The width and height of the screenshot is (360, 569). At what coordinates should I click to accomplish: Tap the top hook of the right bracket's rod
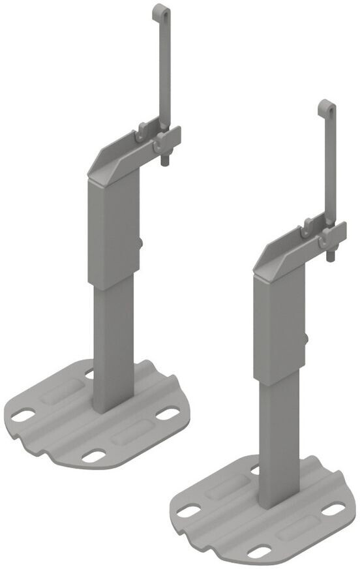click(x=325, y=108)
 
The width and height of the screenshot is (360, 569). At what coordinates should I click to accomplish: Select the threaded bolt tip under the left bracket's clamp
click(x=164, y=161)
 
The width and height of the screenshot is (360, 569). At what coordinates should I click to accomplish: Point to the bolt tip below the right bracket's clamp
click(x=331, y=256)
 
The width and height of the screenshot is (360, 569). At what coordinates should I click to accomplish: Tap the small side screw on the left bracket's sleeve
click(x=141, y=243)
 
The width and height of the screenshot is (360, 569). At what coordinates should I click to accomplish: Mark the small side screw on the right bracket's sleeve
click(x=306, y=338)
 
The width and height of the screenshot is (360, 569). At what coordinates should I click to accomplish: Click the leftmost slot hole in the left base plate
click(x=23, y=414)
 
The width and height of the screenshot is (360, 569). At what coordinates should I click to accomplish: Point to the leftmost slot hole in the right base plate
click(x=188, y=510)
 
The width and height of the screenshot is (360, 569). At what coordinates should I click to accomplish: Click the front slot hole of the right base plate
click(x=260, y=551)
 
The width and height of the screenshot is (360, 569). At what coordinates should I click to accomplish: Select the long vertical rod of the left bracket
click(x=164, y=72)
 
